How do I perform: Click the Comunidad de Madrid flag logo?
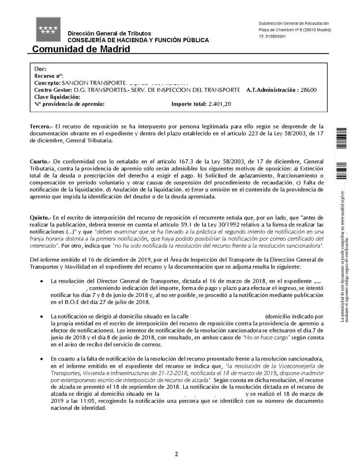point(48,29)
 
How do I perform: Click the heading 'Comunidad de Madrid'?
point(81,49)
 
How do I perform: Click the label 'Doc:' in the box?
point(40,69)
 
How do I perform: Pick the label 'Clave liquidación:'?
point(57,97)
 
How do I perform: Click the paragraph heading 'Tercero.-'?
point(41,126)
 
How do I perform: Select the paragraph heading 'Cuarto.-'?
point(40,161)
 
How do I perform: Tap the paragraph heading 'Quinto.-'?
point(41,218)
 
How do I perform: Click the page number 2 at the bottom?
point(176,454)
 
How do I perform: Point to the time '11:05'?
point(90,401)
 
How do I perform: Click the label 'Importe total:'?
point(189,104)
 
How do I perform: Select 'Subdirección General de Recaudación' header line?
point(293,23)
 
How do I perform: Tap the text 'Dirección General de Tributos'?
point(109,34)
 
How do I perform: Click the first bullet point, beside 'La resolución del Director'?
point(42,281)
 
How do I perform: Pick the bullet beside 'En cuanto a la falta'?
point(42,359)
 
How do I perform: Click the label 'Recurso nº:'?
point(49,76)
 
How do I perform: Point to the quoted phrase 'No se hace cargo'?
point(266,338)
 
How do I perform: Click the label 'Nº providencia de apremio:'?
point(69,104)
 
